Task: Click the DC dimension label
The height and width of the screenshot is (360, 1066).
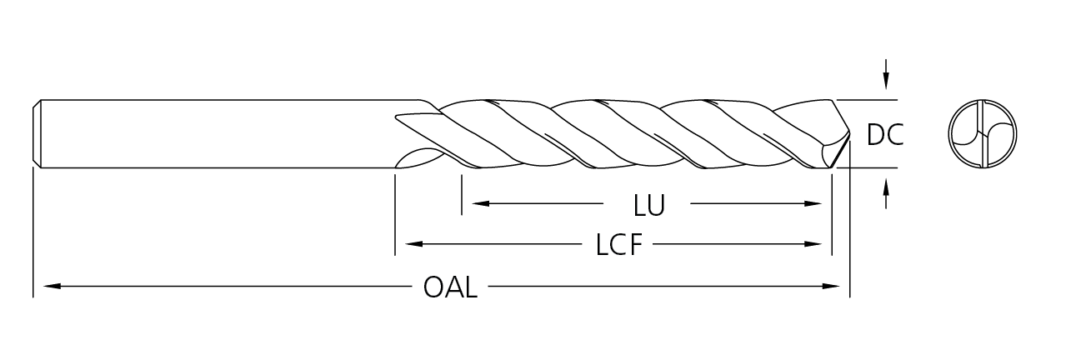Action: [x=885, y=134]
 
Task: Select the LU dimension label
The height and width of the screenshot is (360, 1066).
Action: [x=648, y=205]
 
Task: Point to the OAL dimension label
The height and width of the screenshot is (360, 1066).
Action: [x=450, y=287]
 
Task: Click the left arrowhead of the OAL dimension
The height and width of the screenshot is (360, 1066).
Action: [x=52, y=287]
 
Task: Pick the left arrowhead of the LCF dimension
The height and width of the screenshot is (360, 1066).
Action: [x=413, y=244]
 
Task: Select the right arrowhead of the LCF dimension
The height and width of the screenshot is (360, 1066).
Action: [x=813, y=244]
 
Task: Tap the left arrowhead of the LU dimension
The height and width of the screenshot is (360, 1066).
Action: [x=480, y=203]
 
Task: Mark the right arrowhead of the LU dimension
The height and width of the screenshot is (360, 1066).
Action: [x=813, y=203]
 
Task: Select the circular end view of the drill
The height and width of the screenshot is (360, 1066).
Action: [x=983, y=133]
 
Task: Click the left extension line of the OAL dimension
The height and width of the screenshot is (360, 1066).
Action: [x=33, y=233]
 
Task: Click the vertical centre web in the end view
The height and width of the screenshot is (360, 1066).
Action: [x=983, y=133]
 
